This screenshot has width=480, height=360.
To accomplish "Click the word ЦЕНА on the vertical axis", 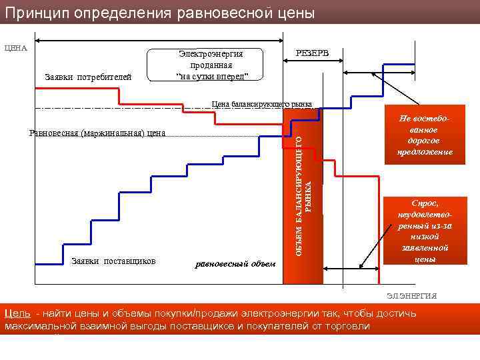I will pyautogui.click(x=15, y=47).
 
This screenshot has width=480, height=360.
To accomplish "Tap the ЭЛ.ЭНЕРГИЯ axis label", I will pyautogui.click(x=411, y=295).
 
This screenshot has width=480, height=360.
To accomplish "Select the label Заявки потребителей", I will pyautogui.click(x=88, y=77).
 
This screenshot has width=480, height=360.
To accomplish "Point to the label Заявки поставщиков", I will pyautogui.click(x=113, y=261).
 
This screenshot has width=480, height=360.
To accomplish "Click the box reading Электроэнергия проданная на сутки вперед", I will pyautogui.click(x=211, y=64).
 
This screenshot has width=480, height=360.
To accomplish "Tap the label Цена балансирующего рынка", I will pyautogui.click(x=261, y=104).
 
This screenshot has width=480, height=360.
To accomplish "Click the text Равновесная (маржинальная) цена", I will pyautogui.click(x=97, y=133).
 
